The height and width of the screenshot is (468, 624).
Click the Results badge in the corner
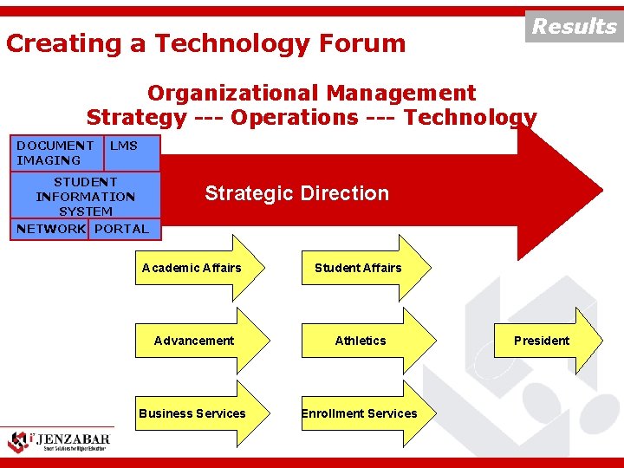click(574, 26)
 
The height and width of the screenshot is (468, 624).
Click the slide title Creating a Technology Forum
click(206, 43)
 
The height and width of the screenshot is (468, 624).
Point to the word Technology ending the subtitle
click(470, 117)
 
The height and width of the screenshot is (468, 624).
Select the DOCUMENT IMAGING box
click(55, 153)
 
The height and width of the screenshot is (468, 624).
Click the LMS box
click(131, 153)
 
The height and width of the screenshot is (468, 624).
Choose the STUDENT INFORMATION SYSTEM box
click(85, 196)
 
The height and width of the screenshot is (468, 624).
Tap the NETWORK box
click(50, 229)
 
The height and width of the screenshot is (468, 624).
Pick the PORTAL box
click(122, 229)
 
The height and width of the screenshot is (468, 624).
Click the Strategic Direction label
click(296, 193)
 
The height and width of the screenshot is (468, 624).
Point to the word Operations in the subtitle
click(295, 117)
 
